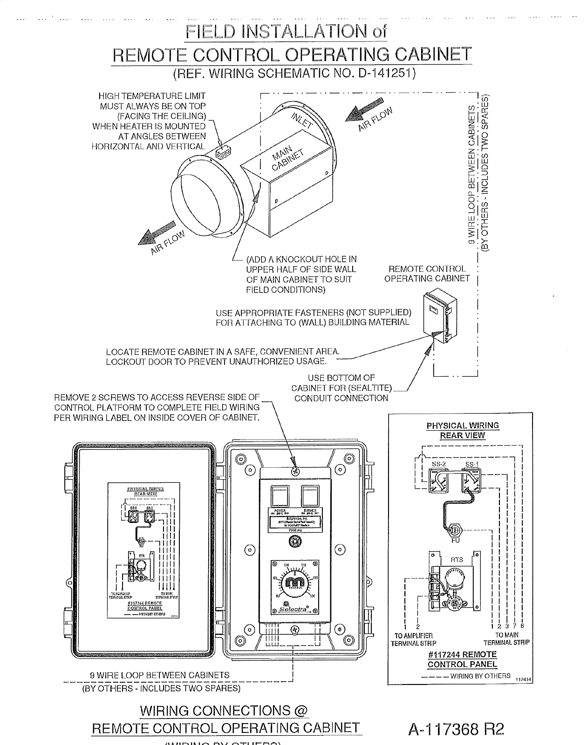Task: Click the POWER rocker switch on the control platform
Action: click(280, 496)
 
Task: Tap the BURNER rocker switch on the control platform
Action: click(310, 496)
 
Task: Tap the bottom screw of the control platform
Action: click(294, 630)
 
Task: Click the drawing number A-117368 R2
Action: click(456, 728)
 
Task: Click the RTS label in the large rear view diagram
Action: click(457, 559)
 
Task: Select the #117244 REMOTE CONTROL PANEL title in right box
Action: click(462, 659)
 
